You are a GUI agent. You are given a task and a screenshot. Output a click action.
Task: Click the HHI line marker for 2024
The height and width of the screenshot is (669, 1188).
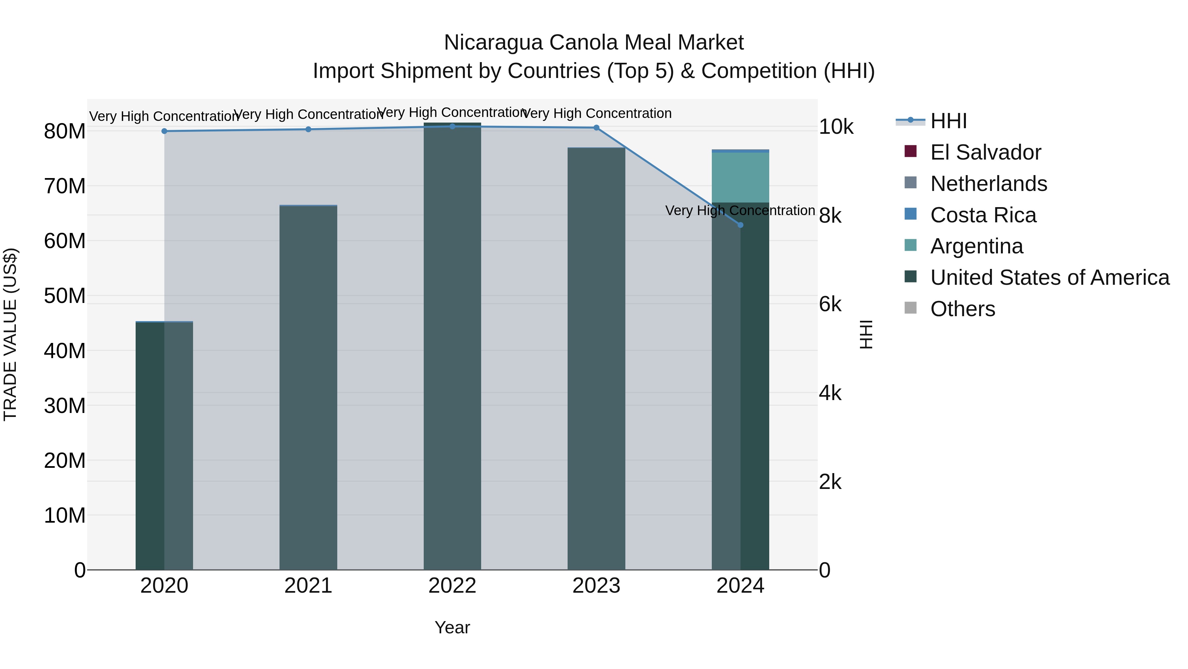(x=740, y=225)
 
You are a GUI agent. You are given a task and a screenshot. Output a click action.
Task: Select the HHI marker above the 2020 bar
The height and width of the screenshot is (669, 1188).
(x=164, y=131)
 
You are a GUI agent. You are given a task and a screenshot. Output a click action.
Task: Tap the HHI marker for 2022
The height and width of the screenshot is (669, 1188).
(x=452, y=127)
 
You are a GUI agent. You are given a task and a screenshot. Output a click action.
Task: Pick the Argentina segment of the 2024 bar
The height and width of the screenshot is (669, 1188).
(x=740, y=177)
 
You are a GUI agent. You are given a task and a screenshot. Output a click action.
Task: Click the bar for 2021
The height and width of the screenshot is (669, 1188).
(x=308, y=388)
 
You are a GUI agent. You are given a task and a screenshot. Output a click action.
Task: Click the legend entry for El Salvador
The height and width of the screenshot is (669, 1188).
(x=985, y=152)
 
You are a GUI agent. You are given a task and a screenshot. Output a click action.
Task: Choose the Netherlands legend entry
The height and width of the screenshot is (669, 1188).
(x=988, y=184)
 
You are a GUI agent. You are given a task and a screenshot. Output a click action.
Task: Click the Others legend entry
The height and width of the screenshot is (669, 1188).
(x=963, y=309)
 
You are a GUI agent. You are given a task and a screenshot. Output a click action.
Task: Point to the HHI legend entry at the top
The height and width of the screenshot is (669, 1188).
(x=948, y=121)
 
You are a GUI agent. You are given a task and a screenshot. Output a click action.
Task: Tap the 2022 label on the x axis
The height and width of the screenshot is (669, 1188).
(x=452, y=586)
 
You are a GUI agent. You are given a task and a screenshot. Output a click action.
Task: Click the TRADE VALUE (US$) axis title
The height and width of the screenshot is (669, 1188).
(x=10, y=334)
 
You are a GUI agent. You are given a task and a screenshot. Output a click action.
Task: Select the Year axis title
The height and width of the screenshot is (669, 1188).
(x=452, y=627)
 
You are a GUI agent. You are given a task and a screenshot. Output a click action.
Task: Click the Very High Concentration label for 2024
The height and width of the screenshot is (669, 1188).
(x=740, y=210)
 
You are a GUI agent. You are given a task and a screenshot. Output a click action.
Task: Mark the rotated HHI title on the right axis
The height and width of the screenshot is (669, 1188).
(x=866, y=334)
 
